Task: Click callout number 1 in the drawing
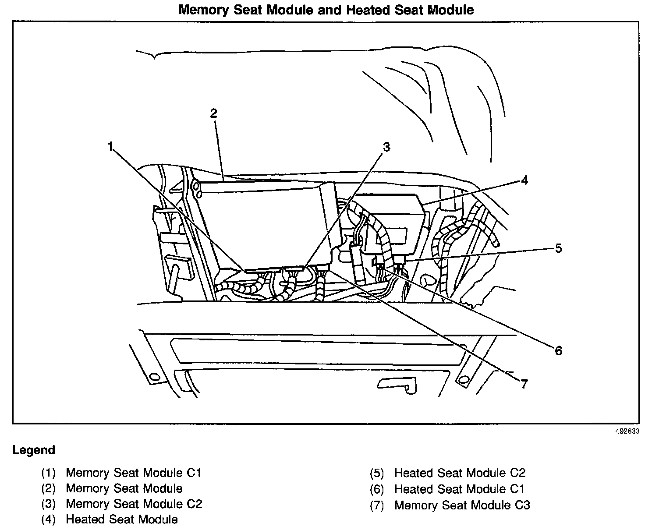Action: click(110, 146)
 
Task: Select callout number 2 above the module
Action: click(213, 113)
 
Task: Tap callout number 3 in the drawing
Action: click(386, 147)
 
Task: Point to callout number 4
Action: click(524, 180)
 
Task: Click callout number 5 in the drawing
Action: click(558, 248)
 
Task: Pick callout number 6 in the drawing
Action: click(558, 350)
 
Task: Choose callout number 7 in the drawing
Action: click(524, 384)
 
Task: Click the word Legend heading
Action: click(34, 450)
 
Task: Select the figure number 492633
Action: click(627, 431)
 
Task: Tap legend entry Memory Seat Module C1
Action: click(134, 473)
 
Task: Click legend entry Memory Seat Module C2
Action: click(134, 504)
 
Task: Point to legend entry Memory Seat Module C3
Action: click(462, 505)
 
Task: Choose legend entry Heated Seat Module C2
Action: click(460, 473)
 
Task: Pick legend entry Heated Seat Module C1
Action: click(459, 489)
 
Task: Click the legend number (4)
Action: click(49, 520)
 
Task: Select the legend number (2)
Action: click(49, 488)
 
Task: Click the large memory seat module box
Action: click(263, 223)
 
